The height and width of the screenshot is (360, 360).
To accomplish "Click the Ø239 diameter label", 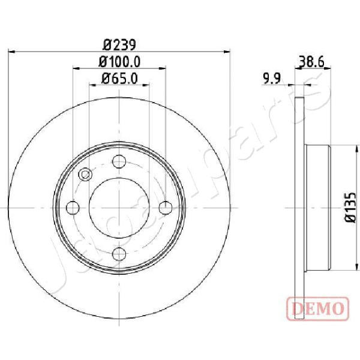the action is tap(119, 45).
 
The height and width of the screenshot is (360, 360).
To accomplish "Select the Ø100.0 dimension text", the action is tap(119, 62).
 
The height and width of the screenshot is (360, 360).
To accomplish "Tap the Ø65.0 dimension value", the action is tap(119, 79).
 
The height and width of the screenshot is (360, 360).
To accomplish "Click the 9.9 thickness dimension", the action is tap(272, 79).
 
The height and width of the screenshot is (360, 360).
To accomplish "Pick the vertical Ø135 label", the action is tap(350, 208).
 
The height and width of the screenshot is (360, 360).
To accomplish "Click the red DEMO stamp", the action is tap(318, 309).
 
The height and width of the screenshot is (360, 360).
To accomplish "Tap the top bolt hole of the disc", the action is tap(119, 161).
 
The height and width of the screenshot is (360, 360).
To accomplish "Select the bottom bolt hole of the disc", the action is tap(119, 254).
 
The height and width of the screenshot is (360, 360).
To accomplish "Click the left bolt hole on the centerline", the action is tap(73, 208).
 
